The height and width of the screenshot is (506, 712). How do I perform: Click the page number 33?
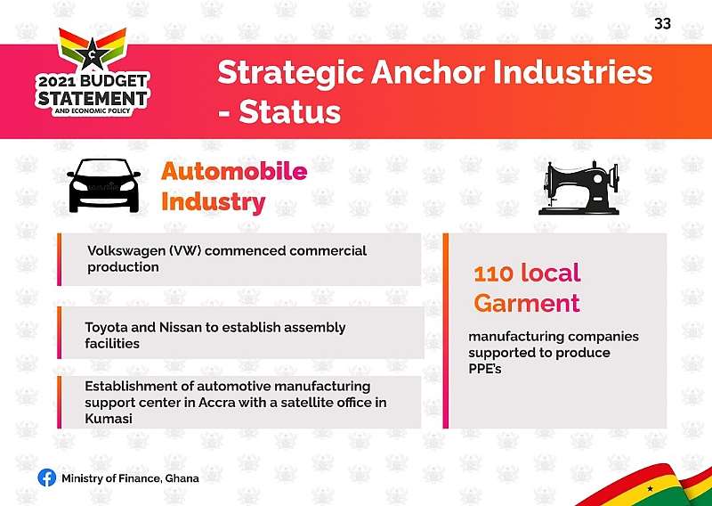[662, 23]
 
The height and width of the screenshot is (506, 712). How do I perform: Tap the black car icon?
[104, 185]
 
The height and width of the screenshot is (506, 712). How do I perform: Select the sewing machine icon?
[578, 188]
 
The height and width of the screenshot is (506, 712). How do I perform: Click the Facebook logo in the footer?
[47, 477]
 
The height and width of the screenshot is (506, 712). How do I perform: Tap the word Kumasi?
[109, 419]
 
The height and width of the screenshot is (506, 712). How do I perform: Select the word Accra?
[220, 403]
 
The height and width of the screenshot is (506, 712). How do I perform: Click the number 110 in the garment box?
[494, 273]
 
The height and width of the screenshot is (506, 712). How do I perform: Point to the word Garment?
[527, 303]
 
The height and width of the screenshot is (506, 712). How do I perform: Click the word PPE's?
[485, 368]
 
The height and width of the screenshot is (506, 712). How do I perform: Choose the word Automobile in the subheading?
[234, 171]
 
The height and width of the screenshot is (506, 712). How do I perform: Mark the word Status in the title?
[290, 112]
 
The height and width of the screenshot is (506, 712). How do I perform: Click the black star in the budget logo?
[93, 53]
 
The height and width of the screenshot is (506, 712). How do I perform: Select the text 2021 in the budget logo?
[57, 82]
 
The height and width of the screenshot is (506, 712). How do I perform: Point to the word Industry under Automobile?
[213, 202]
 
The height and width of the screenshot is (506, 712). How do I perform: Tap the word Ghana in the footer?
[182, 478]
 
